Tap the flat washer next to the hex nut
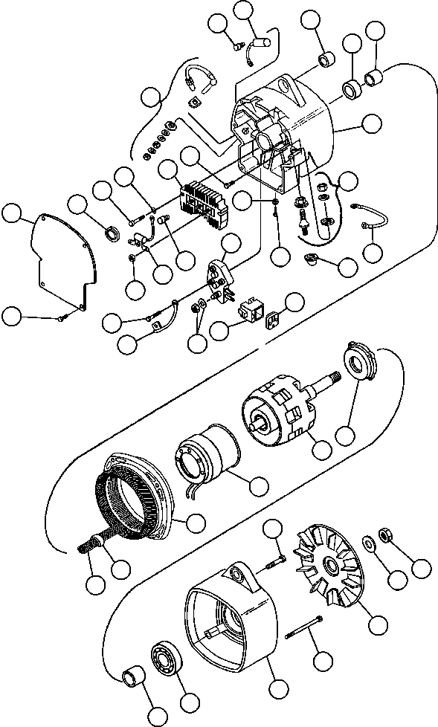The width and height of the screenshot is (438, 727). point(368,541)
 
